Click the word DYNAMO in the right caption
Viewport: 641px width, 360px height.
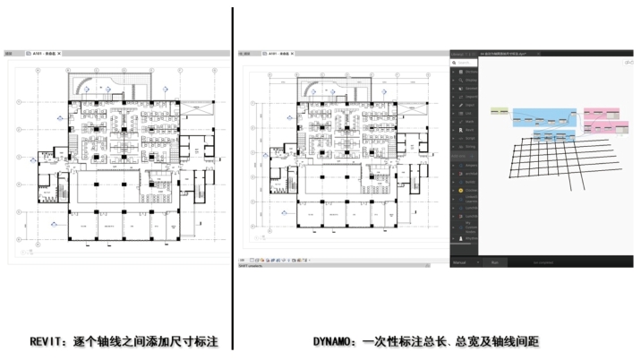click(x=336, y=341)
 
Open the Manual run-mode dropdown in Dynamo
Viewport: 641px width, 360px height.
click(x=464, y=262)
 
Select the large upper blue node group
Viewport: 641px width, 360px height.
click(x=546, y=117)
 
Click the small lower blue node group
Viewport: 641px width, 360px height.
click(x=554, y=135)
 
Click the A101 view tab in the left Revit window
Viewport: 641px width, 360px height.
click(x=43, y=54)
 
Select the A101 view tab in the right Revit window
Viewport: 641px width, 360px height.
click(x=278, y=54)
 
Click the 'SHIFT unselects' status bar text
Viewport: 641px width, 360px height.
click(x=252, y=265)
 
